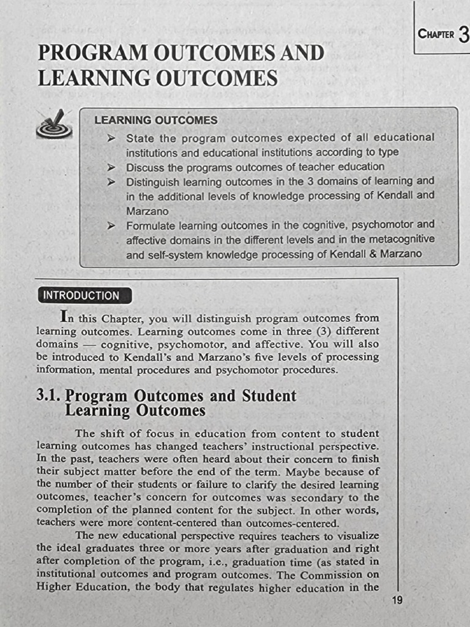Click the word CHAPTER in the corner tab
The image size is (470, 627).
pyautogui.click(x=436, y=34)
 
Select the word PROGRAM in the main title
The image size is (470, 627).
pyautogui.click(x=92, y=53)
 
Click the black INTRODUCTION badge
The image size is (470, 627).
pyautogui.click(x=81, y=296)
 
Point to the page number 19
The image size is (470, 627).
pyautogui.click(x=397, y=601)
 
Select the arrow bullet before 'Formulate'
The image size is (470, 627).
pyautogui.click(x=111, y=225)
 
